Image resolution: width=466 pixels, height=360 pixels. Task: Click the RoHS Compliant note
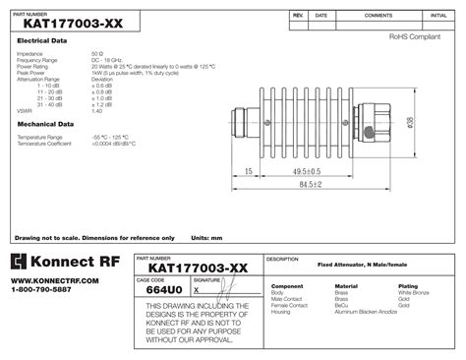pyautogui.click(x=414, y=36)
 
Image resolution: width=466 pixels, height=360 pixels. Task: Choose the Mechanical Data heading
pyautogui.click(x=44, y=124)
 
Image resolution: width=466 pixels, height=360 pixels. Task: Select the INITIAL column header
pyautogui.click(x=437, y=17)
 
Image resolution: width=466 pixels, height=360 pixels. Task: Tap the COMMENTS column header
pyautogui.click(x=379, y=17)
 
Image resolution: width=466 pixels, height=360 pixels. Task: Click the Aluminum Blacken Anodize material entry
pyautogui.click(x=366, y=311)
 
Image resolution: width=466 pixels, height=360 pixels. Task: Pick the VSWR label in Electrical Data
pyautogui.click(x=25, y=111)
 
